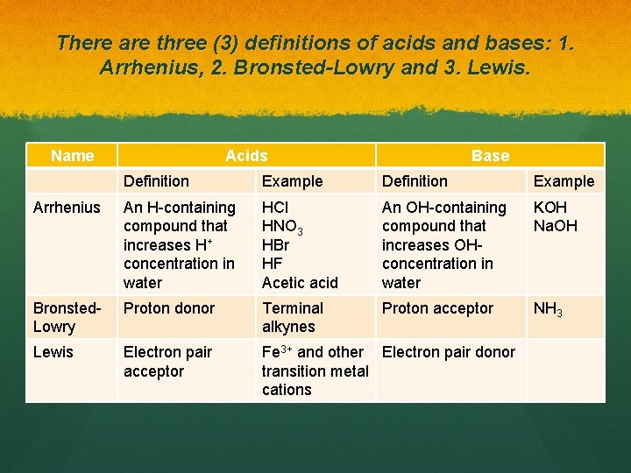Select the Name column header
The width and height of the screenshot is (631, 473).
72,156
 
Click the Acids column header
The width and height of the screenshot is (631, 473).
246,156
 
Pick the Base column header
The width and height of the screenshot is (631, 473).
490,156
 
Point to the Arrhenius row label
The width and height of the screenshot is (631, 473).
66,208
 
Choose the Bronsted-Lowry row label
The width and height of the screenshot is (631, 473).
67,317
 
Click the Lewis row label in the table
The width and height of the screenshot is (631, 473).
53,352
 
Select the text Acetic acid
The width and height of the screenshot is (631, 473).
300,282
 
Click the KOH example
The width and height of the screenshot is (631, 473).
550,208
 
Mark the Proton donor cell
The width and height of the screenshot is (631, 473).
169,308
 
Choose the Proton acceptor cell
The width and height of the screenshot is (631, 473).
437,308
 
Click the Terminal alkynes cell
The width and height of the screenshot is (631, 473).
293,317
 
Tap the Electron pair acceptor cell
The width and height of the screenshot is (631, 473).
167,362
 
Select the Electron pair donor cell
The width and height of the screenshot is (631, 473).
448,352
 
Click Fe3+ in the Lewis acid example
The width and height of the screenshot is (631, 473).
278,352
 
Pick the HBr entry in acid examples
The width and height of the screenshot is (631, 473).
276,245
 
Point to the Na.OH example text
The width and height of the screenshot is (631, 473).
556,226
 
